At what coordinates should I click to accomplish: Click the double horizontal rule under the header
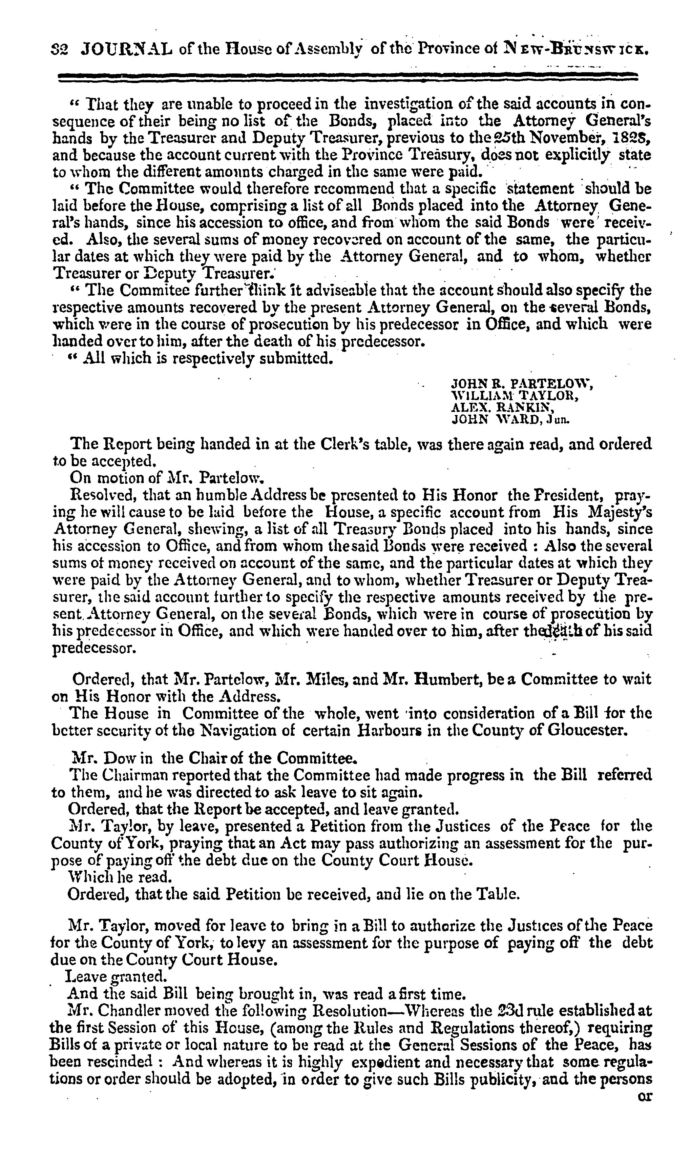347,77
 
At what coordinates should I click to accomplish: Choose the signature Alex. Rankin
502,408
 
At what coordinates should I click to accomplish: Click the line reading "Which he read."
120,877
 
